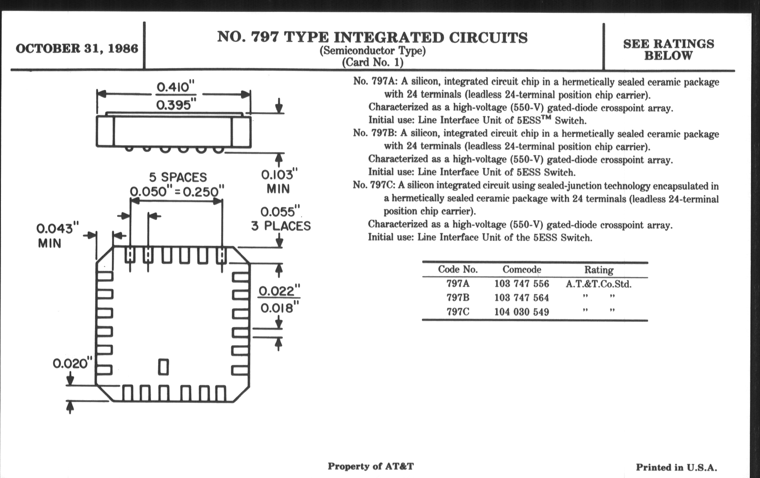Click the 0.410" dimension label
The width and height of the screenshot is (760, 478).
pos(176,87)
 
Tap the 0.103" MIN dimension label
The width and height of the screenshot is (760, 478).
pos(279,182)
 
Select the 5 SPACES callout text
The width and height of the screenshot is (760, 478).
pos(178,177)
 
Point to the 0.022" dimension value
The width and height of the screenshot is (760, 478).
pos(279,291)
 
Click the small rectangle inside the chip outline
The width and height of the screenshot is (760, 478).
pos(163,367)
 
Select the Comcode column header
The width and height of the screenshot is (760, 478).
pos(522,269)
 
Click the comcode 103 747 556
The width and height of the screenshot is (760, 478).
pos(522,284)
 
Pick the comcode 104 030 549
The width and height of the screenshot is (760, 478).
pos(522,312)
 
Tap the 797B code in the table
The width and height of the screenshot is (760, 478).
pos(457,297)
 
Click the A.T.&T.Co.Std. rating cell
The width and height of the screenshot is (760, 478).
pos(598,284)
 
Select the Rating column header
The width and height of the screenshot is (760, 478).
pos(599,270)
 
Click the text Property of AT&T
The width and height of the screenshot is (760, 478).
pos(371,466)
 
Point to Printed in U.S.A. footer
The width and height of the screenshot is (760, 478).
pos(676,467)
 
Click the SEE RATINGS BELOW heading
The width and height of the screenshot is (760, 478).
pos(668,50)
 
